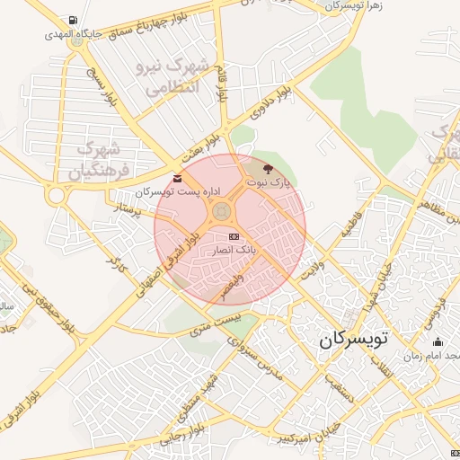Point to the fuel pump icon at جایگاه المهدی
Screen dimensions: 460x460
pos(71,21)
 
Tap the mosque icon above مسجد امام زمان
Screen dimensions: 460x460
pos(438,341)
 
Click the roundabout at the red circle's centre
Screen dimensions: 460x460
pos(221,211)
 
